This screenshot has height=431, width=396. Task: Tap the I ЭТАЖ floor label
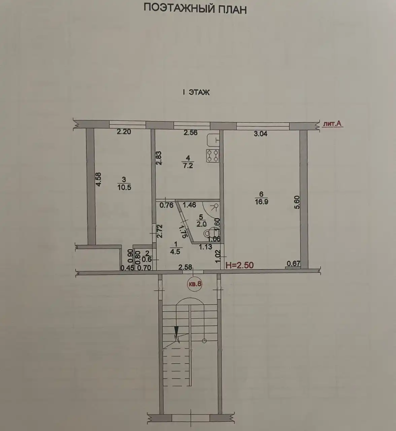point(196,92)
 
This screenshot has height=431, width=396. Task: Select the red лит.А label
point(332,124)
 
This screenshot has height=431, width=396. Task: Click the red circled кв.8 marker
point(195,284)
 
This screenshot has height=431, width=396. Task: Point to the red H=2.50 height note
point(239,265)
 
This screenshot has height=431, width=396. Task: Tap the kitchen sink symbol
point(213,140)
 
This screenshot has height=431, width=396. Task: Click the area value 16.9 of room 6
point(261,202)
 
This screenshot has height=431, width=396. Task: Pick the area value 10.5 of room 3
point(124,187)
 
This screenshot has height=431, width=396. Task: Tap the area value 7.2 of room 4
point(188,166)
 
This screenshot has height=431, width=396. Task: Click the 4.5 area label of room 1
point(175,252)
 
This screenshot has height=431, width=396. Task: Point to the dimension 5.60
point(297,202)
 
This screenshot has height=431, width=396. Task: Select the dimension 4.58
point(98,179)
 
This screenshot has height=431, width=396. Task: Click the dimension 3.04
point(260,134)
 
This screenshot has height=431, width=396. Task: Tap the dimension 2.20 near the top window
point(124,132)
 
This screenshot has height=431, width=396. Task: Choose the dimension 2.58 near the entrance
point(185,267)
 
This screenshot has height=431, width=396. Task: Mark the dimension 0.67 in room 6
point(293,263)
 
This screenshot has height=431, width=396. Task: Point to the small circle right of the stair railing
point(204,340)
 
